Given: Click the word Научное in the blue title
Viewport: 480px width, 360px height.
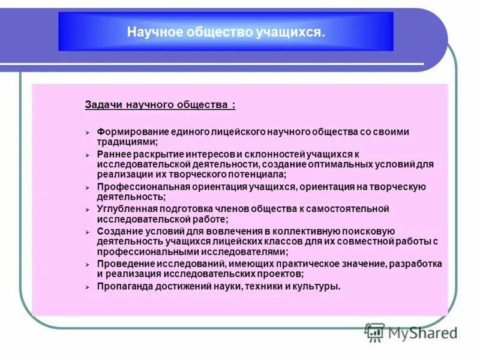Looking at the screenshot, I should point(147,32).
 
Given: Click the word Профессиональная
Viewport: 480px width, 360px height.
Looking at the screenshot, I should point(135,187).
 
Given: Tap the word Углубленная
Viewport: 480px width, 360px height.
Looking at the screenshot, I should point(122,209).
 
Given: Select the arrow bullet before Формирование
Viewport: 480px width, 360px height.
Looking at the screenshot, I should point(87,132).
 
